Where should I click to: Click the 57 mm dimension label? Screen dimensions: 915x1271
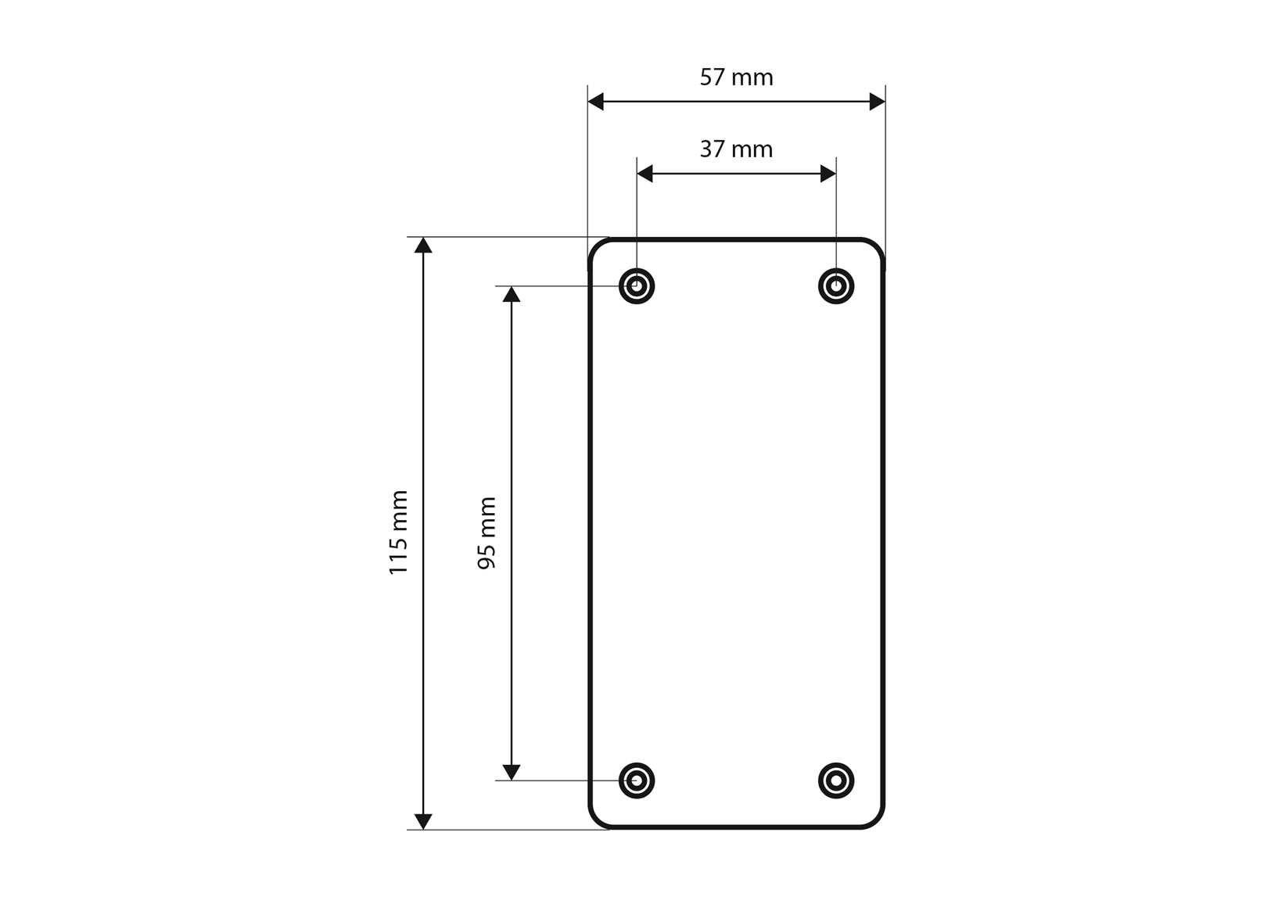[736, 77]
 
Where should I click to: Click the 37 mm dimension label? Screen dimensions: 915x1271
[736, 149]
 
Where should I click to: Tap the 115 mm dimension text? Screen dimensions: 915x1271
[399, 533]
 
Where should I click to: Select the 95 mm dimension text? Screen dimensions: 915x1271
[486, 533]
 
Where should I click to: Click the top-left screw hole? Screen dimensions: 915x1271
[637, 286]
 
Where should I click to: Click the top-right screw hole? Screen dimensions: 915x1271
[836, 286]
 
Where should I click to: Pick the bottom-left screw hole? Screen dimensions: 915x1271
[637, 780]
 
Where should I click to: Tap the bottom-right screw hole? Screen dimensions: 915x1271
[836, 780]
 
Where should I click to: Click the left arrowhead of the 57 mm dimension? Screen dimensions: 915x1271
[596, 102]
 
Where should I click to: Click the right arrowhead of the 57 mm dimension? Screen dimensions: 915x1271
[877, 102]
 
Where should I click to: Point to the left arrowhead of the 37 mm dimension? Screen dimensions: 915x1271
[645, 174]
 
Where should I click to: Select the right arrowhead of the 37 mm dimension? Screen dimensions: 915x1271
[828, 174]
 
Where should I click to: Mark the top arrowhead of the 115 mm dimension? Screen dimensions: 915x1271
[423, 246]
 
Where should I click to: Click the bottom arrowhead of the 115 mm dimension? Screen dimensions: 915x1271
[423, 821]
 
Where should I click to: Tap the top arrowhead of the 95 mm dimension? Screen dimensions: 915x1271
[512, 295]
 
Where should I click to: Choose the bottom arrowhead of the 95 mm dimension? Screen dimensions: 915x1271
[512, 772]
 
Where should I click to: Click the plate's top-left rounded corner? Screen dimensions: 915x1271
[597, 246]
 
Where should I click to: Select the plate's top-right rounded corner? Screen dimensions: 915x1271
[876, 246]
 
